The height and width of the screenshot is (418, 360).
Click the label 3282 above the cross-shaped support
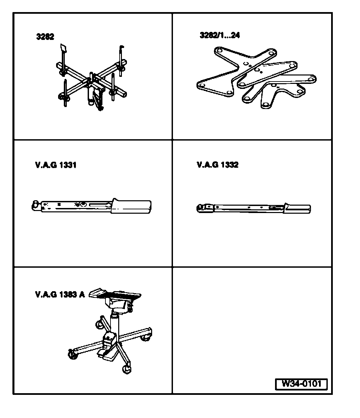[45, 37]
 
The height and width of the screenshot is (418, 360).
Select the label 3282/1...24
[220, 35]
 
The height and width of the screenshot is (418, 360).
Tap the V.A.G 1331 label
[56, 165]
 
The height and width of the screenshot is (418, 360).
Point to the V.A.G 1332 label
[218, 165]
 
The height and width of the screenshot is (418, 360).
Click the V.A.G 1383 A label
[60, 295]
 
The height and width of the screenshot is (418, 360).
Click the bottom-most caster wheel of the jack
[127, 369]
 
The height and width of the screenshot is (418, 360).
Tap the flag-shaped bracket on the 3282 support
[63, 49]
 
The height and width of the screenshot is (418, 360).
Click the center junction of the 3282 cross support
[92, 81]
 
